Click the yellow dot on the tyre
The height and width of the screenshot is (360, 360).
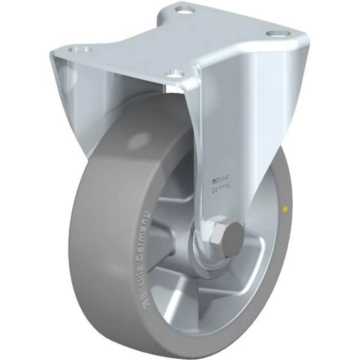[x=285, y=208]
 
